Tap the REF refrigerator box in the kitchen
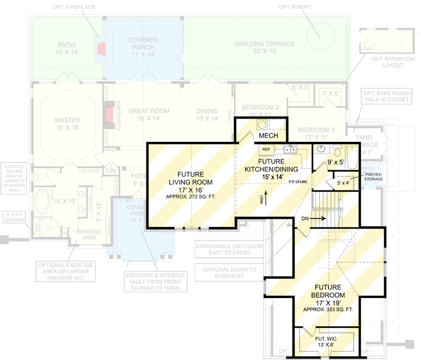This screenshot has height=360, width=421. [266, 149]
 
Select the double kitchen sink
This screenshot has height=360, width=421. [290, 150]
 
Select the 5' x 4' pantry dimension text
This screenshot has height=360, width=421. [344, 183]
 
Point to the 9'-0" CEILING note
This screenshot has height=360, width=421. [298, 182]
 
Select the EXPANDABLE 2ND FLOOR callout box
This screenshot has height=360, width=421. [229, 249]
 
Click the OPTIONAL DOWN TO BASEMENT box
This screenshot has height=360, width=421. [229, 273]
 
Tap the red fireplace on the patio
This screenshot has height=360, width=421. [102, 49]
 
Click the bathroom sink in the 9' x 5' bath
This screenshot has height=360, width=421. [322, 149]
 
